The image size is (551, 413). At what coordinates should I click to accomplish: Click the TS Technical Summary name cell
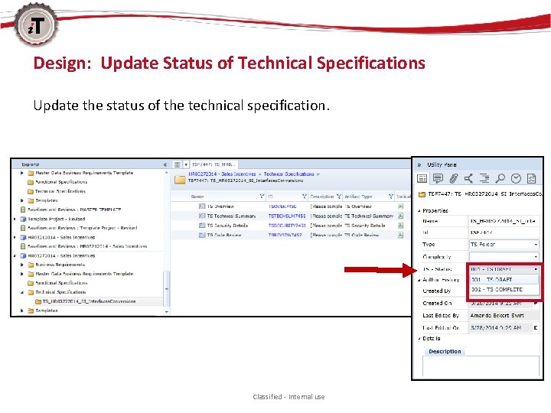[230, 216]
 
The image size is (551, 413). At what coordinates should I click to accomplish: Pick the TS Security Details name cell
[227, 226]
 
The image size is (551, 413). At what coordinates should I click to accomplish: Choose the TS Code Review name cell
[223, 236]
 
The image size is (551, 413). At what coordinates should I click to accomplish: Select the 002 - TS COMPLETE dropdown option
[497, 290]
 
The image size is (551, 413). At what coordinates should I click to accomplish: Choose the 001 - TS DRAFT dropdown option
[493, 280]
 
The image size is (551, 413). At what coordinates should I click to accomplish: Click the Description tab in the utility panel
[445, 352]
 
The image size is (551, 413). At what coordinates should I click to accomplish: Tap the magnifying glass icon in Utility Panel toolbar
[500, 178]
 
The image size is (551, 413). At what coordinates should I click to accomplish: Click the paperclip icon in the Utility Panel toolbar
[454, 178]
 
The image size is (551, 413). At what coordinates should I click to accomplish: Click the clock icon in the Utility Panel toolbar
[516, 178]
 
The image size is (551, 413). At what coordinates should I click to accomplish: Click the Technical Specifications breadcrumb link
[289, 174]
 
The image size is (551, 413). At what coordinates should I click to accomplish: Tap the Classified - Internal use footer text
[289, 397]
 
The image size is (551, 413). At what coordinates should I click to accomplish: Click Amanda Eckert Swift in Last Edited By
[497, 315]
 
